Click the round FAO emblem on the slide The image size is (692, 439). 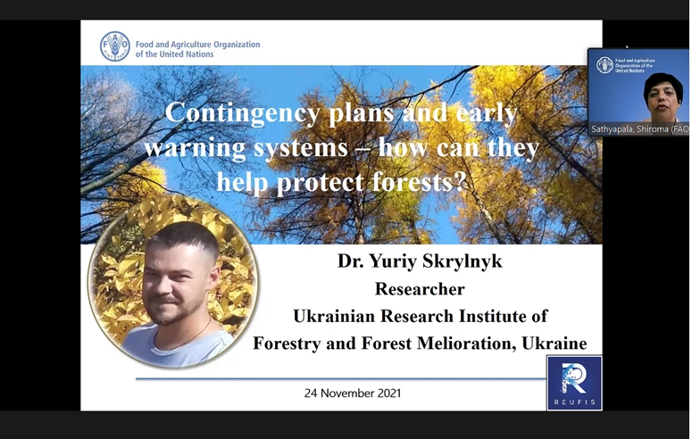tap(115, 46)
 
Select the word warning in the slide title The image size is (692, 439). tap(195, 147)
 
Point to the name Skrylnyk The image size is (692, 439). tap(463, 261)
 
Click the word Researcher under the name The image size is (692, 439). tap(420, 289)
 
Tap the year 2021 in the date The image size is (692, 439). tap(387, 393)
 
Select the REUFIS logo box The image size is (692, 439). tap(574, 383)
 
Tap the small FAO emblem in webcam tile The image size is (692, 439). tap(604, 65)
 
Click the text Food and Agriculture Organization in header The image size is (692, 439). tap(197, 44)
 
